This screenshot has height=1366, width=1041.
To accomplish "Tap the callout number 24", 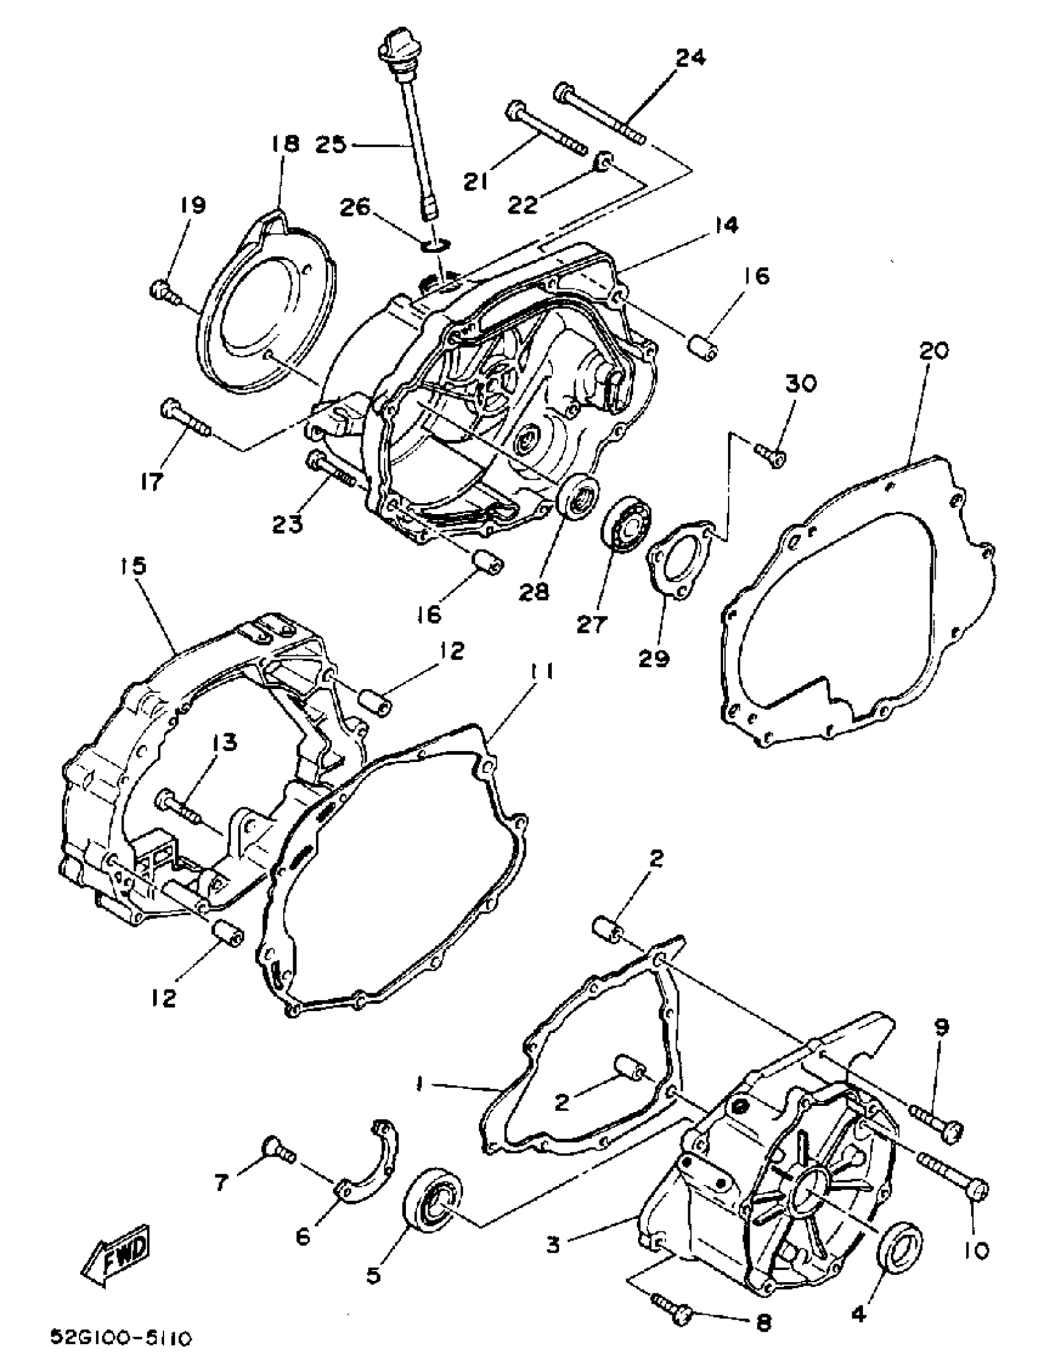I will pos(690,59).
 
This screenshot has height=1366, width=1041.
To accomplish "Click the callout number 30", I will pos(801,383).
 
